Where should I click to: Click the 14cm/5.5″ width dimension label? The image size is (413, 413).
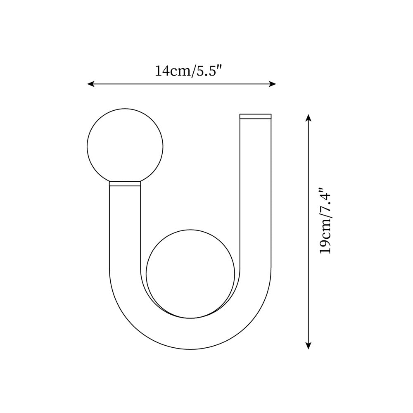[189, 71]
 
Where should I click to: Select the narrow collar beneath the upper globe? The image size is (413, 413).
[125, 184]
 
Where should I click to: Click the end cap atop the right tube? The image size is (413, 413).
[256, 116]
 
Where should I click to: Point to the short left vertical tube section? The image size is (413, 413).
[125, 227]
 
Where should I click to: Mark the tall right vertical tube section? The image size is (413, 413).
[256, 194]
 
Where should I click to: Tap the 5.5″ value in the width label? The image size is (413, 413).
[209, 71]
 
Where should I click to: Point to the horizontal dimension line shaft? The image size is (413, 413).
[182, 84]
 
